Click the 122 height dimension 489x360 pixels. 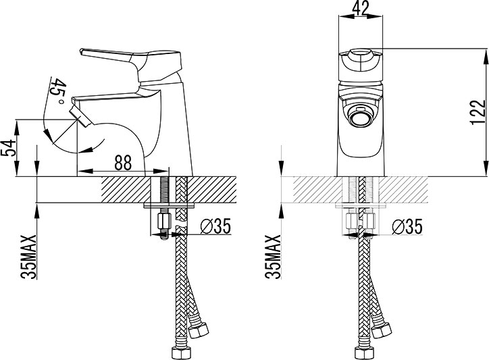478,112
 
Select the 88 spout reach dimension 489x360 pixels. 123,163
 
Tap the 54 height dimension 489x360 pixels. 8,148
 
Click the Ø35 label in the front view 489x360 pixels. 407,226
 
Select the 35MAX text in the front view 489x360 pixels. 273,257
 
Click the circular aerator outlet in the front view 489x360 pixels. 360,118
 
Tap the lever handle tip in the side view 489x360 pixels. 82,51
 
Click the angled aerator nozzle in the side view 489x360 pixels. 80,115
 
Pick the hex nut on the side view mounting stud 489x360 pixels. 163,221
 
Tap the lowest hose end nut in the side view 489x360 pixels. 180,353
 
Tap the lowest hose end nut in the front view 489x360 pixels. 363,353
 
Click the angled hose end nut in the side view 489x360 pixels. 199,331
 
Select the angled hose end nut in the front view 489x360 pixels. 382,331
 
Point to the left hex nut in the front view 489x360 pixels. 351,221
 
